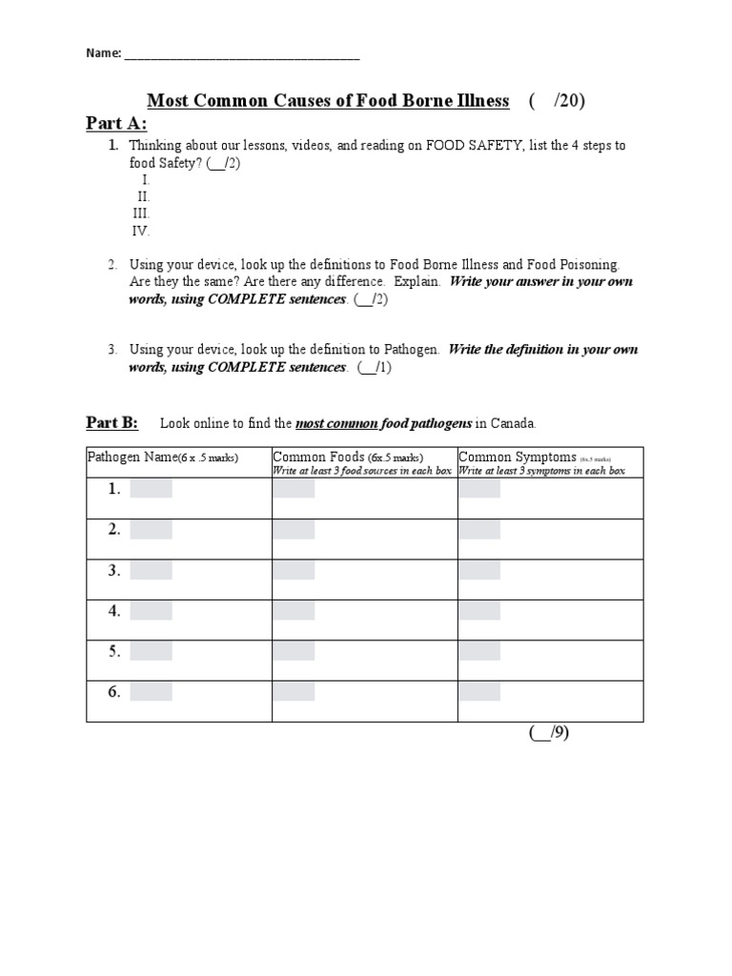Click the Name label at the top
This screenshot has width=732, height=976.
[104, 54]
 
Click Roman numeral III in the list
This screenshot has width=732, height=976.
[141, 213]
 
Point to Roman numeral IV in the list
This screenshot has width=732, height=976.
[141, 231]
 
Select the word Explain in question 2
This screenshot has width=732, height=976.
[417, 282]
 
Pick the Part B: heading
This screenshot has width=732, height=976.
[112, 422]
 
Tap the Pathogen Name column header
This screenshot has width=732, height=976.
[132, 457]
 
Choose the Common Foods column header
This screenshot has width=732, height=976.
[318, 457]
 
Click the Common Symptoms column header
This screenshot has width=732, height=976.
[518, 457]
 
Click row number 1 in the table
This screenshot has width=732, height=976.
[114, 489]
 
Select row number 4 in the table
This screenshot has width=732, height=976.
[114, 611]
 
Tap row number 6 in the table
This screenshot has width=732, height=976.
[114, 692]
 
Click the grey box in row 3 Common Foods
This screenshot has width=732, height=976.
[294, 570]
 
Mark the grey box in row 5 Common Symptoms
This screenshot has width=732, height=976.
[478, 652]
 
